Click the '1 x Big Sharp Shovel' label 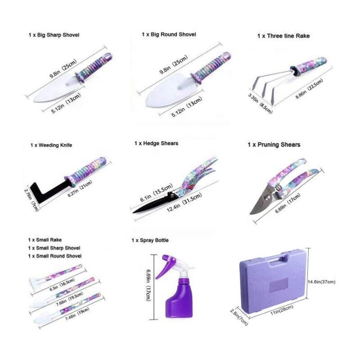(54, 35)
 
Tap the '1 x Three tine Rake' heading (283, 36)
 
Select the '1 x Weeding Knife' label (51, 145)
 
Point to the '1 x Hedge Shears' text (156, 144)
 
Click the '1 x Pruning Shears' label (274, 144)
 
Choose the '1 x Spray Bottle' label (150, 240)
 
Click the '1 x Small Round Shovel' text (55, 256)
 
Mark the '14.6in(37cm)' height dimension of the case (321, 282)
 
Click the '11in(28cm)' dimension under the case (282, 310)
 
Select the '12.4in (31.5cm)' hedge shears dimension (184, 202)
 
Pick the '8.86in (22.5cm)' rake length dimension (309, 89)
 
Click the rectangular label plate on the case (278, 285)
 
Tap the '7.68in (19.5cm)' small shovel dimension (70, 298)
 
